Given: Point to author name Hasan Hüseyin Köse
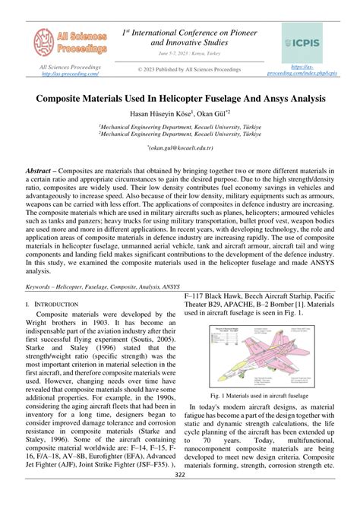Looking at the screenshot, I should (x=150, y=114).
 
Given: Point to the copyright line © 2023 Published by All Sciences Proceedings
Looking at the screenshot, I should (x=178, y=70).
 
